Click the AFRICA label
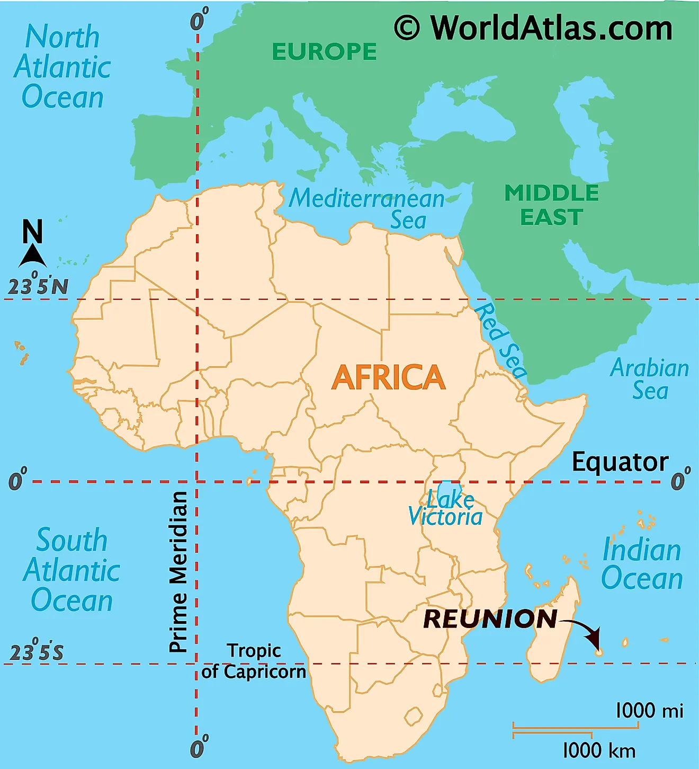coord(388,377)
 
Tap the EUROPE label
coord(324,52)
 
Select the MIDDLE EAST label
coord(551,205)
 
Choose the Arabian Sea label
coord(650,379)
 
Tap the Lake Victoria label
coord(446,508)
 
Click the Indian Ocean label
coord(642,564)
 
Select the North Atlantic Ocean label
coord(62,67)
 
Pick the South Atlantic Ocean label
coord(71,570)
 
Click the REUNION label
coord(490,619)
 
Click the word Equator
coord(620,462)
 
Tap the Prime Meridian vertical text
coord(178,571)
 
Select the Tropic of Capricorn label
coord(254,661)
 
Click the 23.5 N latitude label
coord(38,286)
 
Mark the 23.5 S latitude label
coord(37,652)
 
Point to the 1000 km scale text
coord(598,750)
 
